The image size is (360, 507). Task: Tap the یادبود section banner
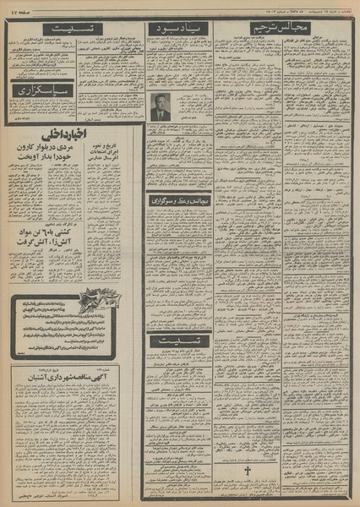coord(179,29)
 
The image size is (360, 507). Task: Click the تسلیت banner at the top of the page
coord(71,29)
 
